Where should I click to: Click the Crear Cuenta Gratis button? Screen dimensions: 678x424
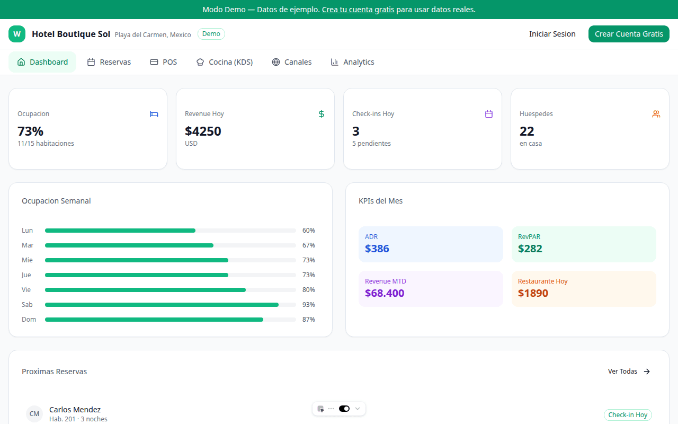coord(629,34)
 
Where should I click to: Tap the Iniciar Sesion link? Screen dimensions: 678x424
coord(552,34)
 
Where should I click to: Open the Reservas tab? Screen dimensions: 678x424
coord(109,62)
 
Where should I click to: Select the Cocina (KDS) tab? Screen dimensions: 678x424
coord(224,62)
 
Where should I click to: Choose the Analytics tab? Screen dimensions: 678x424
coord(352,62)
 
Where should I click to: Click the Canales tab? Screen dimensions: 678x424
coord(291,62)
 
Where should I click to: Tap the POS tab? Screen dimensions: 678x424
coord(164,62)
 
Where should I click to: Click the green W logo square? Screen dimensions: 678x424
coord(17,34)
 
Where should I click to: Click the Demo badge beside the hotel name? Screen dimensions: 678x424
coord(211,34)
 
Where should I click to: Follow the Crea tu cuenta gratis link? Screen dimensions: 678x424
coord(358,10)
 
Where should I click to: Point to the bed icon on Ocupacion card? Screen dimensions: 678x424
coord(154,114)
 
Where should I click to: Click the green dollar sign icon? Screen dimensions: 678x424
coord(322,114)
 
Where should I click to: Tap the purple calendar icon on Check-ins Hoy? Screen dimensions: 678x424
coord(489,114)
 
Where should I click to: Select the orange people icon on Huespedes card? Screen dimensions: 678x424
coord(656,114)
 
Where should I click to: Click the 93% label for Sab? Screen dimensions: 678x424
coord(308,305)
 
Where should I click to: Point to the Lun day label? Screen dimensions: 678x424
coord(27,231)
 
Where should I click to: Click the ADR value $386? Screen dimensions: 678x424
coord(377,249)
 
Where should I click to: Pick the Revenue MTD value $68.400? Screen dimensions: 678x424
coord(385,293)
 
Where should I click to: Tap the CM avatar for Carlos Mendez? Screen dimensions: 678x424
coord(34,414)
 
